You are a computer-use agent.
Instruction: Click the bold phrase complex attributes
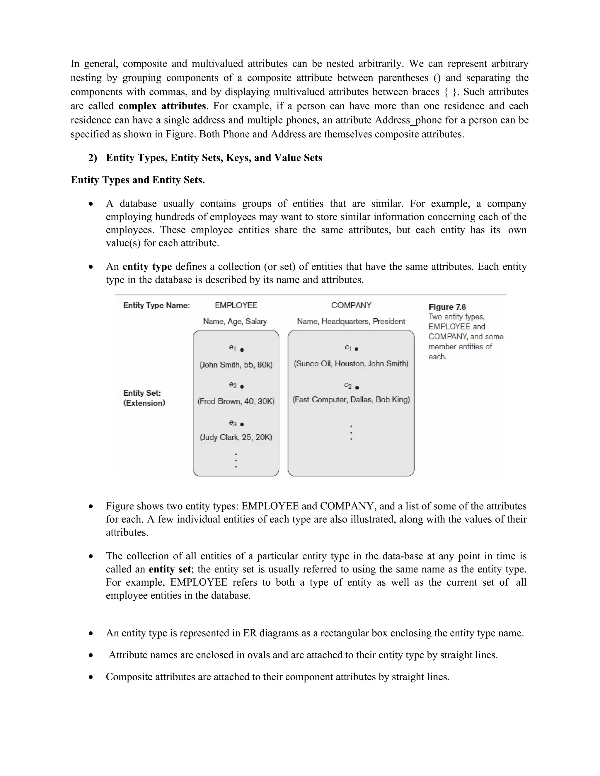click(162, 106)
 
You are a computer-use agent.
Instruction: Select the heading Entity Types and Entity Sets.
click(138, 180)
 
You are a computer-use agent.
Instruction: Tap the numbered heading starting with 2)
click(205, 158)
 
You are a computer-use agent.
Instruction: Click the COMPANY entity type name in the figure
click(351, 305)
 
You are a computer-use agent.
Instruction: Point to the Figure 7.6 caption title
click(447, 307)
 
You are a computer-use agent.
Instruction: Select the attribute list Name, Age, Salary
click(235, 321)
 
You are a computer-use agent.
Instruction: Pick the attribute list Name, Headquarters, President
click(351, 321)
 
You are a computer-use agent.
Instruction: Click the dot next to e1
click(242, 350)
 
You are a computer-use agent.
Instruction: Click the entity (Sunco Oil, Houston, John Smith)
click(351, 363)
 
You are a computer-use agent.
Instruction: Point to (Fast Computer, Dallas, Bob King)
click(351, 399)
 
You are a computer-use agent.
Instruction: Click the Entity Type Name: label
click(156, 305)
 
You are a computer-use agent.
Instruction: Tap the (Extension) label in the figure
click(144, 403)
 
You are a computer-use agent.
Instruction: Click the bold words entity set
click(170, 569)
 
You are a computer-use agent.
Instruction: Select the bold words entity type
click(147, 266)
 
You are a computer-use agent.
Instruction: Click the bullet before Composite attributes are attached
click(91, 677)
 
